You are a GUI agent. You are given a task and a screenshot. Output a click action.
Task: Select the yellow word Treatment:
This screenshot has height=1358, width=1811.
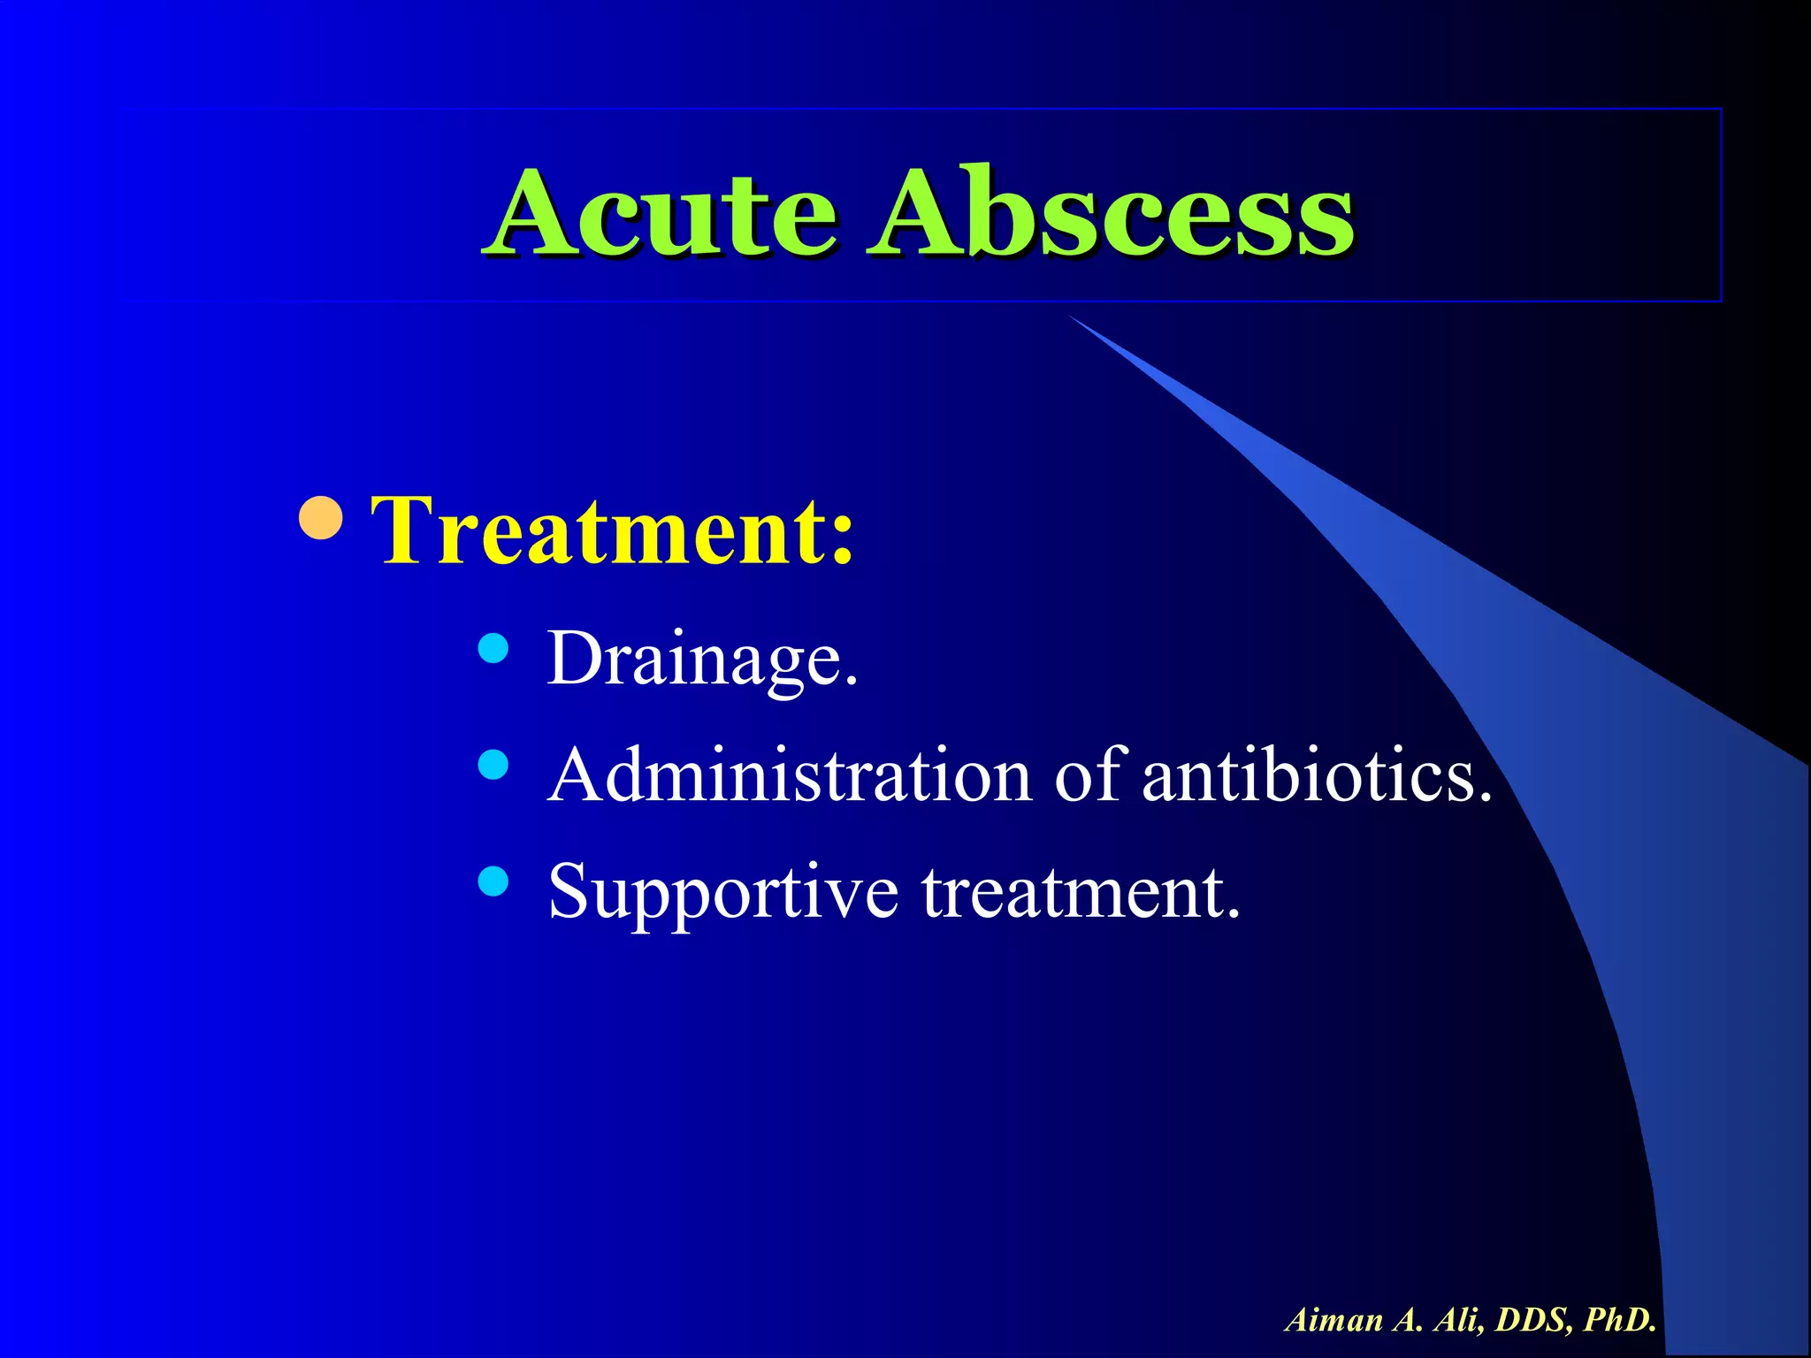point(613,530)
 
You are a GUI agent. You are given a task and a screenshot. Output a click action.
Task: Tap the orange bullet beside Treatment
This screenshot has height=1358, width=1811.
point(321,518)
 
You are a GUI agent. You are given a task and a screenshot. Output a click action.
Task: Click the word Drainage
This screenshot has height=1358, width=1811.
point(702,660)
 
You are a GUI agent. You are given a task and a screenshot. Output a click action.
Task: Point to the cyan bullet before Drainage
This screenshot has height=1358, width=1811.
point(493,649)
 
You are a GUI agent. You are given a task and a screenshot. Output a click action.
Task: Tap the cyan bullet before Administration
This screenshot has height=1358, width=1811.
point(493,765)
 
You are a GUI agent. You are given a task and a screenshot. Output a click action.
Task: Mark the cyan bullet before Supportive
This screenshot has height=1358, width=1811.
point(493,881)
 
